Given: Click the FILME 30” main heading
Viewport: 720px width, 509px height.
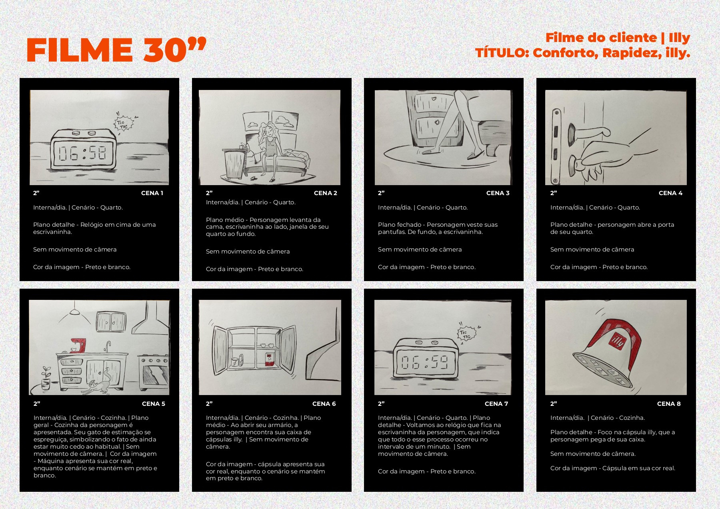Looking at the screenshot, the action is point(116,50).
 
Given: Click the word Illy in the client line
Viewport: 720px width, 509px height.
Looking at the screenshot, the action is point(679,38).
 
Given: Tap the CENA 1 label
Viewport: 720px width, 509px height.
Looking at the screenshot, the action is point(152,193).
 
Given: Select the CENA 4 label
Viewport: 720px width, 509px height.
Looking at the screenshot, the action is point(670,193).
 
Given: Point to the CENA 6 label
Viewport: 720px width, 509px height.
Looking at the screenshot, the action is point(324,404).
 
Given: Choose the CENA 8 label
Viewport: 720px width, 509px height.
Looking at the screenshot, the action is point(669,404).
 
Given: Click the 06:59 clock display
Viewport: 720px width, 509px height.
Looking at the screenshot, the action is point(425,363).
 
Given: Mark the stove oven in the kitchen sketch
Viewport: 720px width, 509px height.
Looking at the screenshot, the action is point(153,372).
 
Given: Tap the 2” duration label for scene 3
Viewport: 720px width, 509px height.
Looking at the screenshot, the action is point(381,193).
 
